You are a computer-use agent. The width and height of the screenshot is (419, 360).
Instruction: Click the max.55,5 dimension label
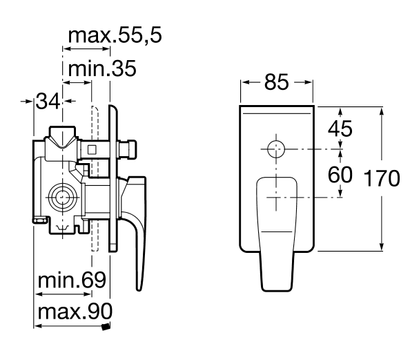[115, 35]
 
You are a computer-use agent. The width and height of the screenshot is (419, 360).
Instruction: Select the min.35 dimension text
[102, 68]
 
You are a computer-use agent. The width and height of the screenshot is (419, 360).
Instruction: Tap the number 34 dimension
[48, 101]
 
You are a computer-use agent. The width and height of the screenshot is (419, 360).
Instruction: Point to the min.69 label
[72, 280]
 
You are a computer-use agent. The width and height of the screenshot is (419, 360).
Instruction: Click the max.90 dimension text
[75, 312]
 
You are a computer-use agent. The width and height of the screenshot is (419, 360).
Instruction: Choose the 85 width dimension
[277, 82]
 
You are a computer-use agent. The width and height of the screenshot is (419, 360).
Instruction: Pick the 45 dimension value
[340, 129]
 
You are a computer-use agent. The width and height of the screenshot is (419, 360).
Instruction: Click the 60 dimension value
[340, 175]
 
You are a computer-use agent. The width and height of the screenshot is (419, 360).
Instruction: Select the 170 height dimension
[382, 178]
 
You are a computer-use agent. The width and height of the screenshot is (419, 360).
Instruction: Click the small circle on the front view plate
[276, 149]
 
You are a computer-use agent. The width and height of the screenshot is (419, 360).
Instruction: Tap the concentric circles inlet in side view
[63, 198]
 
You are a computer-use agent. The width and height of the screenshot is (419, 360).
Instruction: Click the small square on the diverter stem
[92, 149]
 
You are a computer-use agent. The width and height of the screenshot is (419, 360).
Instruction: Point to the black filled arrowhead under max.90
[106, 327]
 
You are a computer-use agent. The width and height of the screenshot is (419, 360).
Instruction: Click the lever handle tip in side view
[139, 290]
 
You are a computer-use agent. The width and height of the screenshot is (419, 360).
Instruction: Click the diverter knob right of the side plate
[128, 149]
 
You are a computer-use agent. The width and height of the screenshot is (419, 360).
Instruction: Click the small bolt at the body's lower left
[39, 220]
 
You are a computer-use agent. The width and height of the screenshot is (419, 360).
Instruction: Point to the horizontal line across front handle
[276, 231]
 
